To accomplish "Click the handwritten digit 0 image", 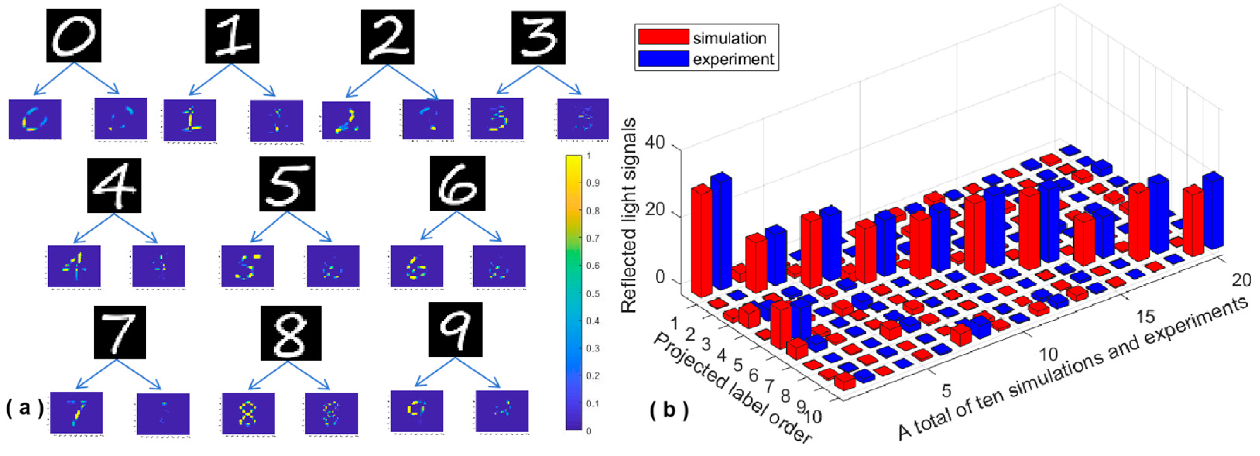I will coord(74,35).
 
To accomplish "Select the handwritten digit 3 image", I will coord(538,38).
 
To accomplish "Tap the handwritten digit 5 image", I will coord(287,184).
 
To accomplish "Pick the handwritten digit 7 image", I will coord(119,332).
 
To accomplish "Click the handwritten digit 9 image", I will coord(455,329).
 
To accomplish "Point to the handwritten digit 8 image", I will coord(291,333).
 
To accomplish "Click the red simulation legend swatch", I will coord(663,37).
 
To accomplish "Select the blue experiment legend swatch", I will coord(663,58).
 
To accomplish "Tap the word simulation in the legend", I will coord(729,38).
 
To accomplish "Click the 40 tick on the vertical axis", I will coord(655,143).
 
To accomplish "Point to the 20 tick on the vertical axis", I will coord(655,210).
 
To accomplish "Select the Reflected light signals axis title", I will coord(629,215).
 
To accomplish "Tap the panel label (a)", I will coord(24,408).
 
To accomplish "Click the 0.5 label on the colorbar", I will coord(592,293).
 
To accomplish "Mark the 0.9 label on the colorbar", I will coord(592,183).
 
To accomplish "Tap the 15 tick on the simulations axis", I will coord(1145,317).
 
